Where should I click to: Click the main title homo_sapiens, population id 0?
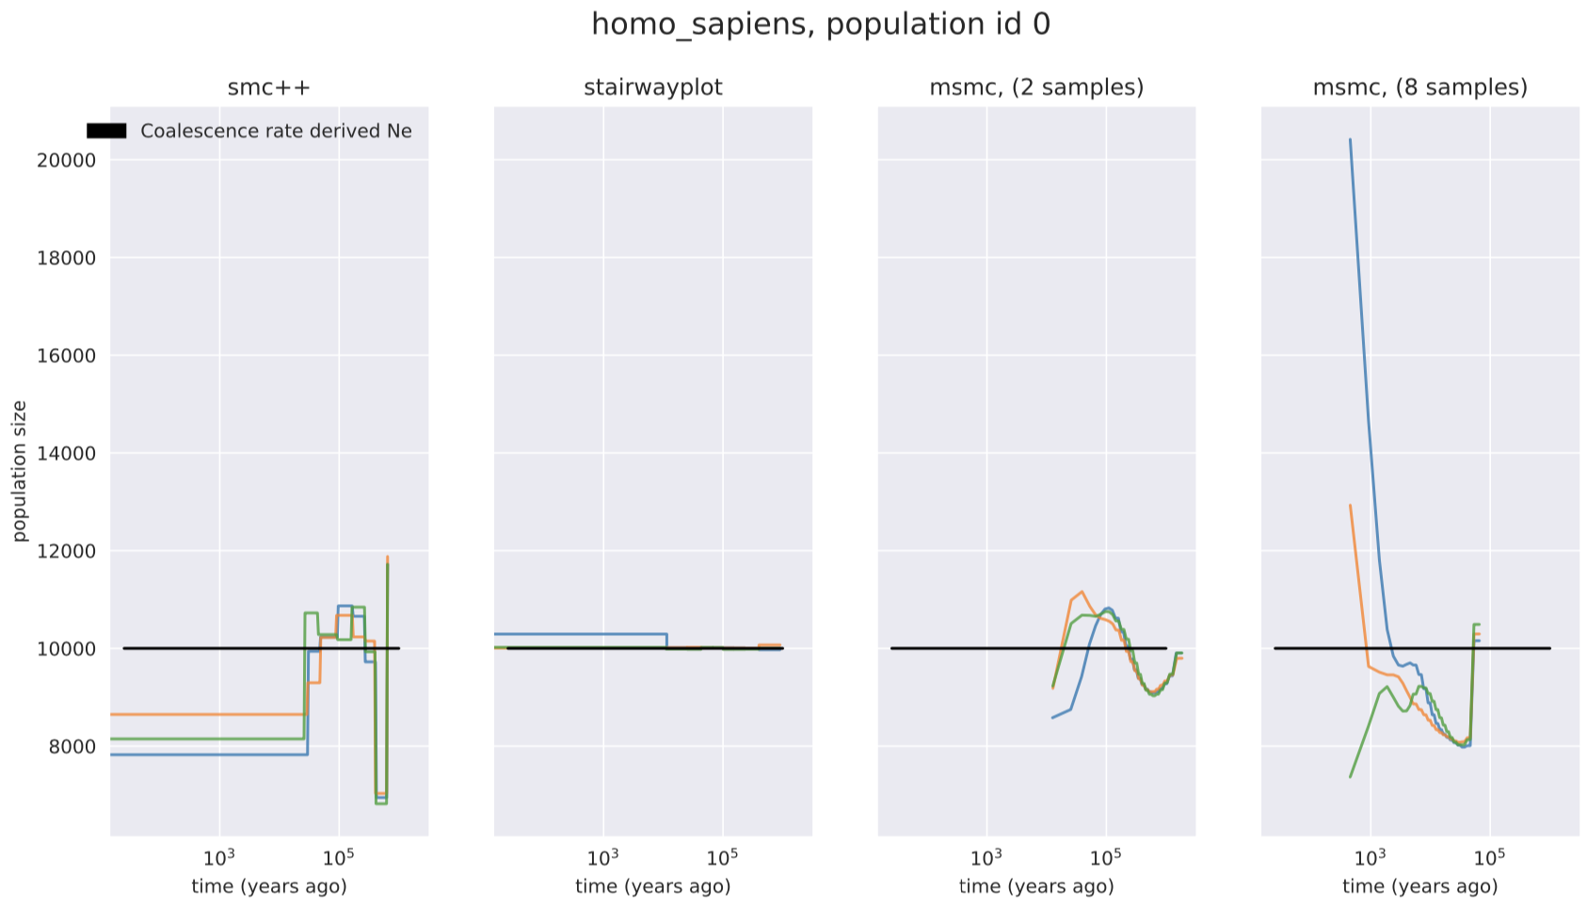coord(820,24)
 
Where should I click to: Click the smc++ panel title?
coord(269,87)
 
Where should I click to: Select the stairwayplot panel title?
coord(652,87)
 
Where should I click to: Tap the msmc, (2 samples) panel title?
coord(1036,87)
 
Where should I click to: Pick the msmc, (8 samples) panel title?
coord(1419,87)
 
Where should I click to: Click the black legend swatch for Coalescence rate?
coord(106,132)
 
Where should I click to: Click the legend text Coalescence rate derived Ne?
coord(276,132)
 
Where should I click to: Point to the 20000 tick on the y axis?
coord(66,160)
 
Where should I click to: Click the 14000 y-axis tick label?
coord(66,453)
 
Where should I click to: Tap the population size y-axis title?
coord(20,470)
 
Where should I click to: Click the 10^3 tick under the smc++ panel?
coord(219,857)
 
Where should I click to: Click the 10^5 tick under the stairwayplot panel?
coord(722,857)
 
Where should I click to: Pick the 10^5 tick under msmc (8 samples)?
coord(1489,857)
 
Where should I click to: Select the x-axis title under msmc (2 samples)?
coord(1036,886)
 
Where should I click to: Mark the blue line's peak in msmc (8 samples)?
coord(1351,140)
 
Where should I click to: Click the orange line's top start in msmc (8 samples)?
coord(1351,505)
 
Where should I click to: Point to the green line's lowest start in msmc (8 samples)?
coord(1351,777)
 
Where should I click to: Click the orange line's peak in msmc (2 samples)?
coord(1082,592)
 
